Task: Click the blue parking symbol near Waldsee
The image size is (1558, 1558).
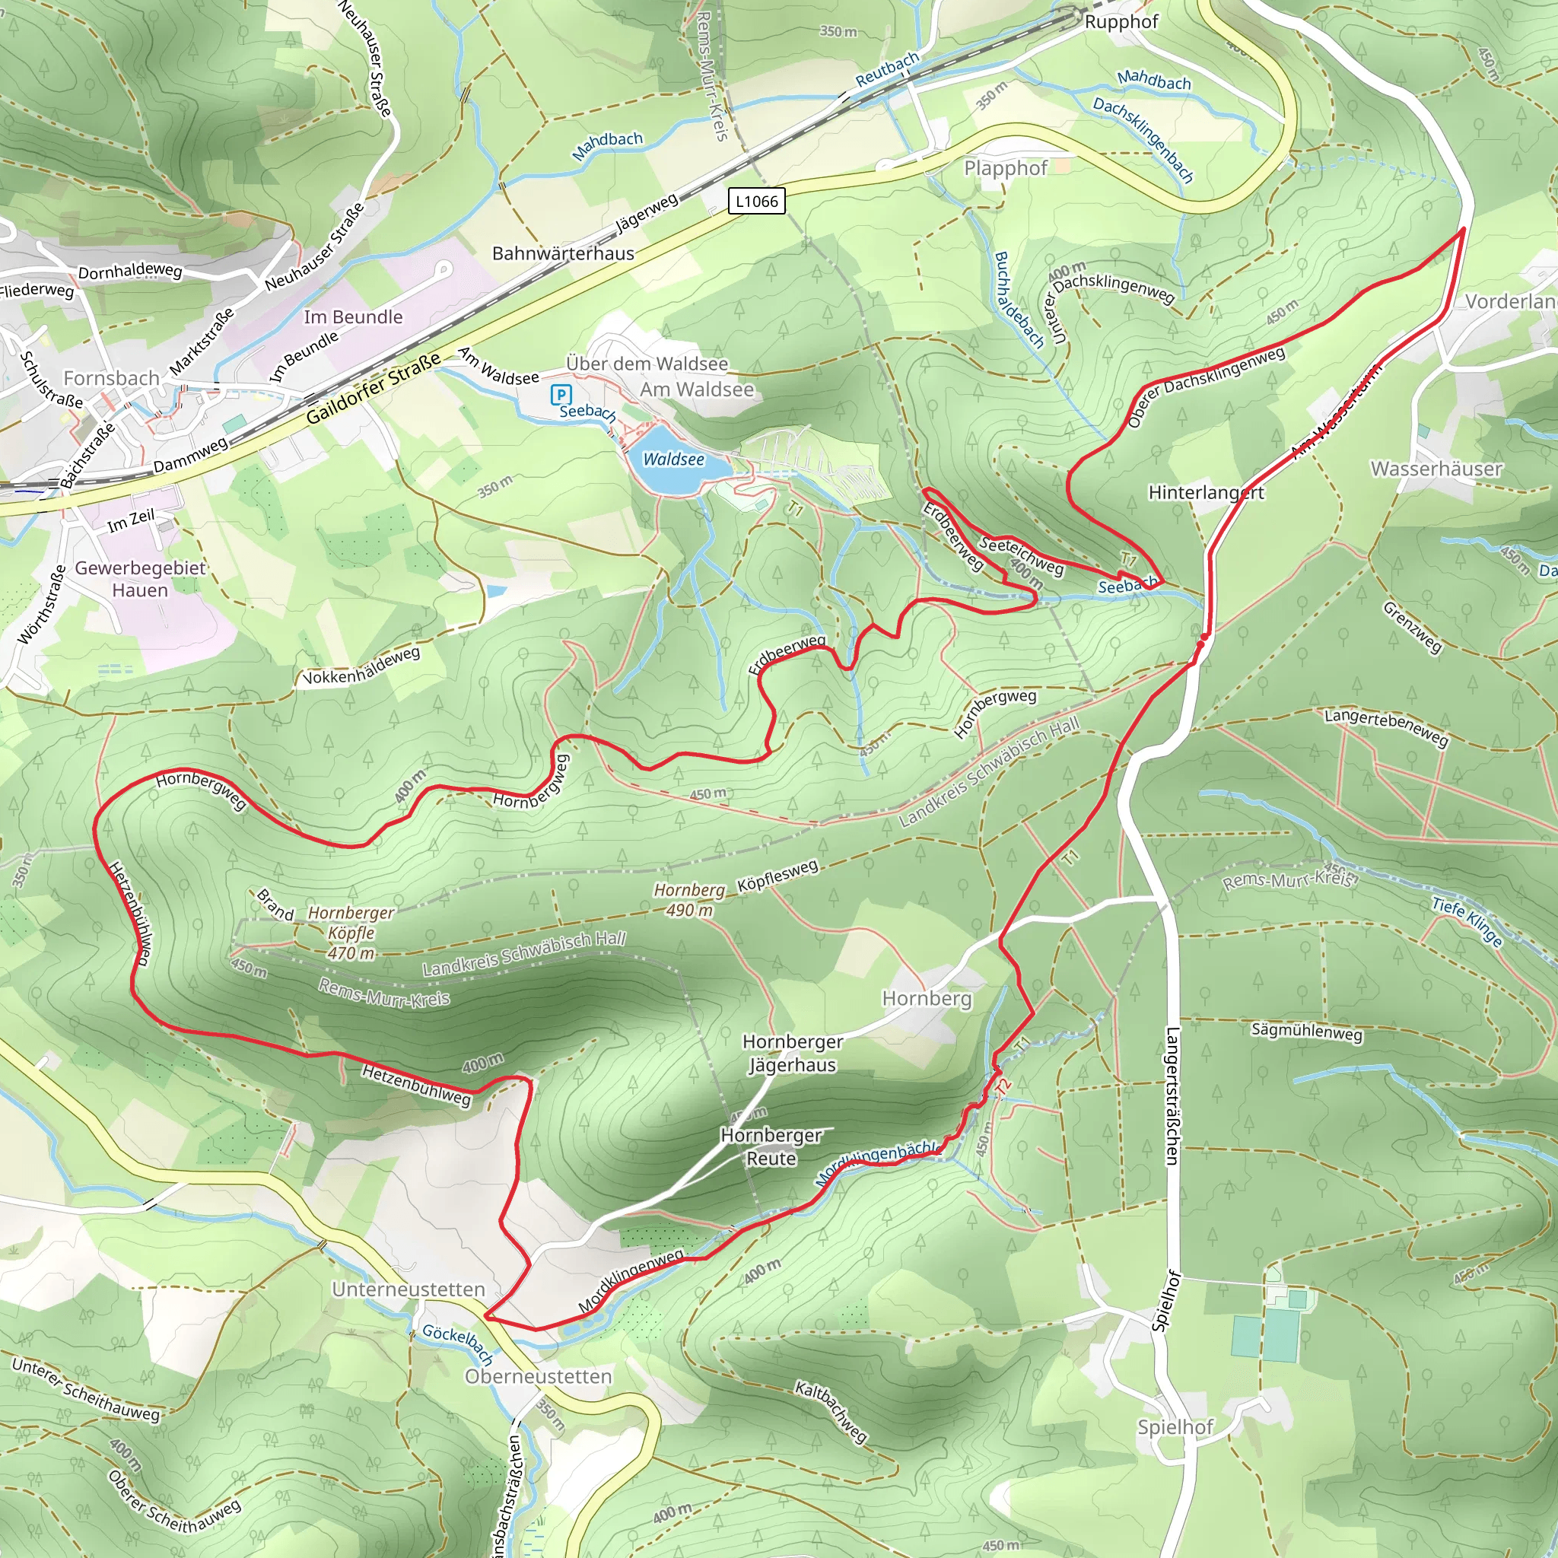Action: tap(561, 395)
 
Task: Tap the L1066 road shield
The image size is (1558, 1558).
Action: tap(755, 201)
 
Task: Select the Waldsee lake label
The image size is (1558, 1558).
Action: tap(673, 459)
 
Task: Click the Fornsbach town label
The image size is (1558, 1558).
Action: tap(111, 378)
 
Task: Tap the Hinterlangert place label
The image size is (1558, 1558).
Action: tap(1206, 493)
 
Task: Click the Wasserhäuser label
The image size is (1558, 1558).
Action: tap(1436, 469)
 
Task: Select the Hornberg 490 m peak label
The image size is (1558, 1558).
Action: tap(689, 900)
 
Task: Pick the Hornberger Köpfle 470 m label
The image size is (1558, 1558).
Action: tap(351, 933)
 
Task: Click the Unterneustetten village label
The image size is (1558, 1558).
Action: tap(409, 1289)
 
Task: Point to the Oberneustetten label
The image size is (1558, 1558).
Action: tap(538, 1376)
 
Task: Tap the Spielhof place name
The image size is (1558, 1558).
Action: tap(1175, 1427)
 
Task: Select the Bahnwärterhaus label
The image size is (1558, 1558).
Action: tap(563, 253)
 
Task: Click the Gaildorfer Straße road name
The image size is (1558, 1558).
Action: tap(374, 388)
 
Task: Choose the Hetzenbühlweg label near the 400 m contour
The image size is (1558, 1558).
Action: tap(416, 1085)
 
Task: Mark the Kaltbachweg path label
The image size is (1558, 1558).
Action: tap(831, 1411)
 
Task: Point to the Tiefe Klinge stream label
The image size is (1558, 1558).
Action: tap(1467, 922)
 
